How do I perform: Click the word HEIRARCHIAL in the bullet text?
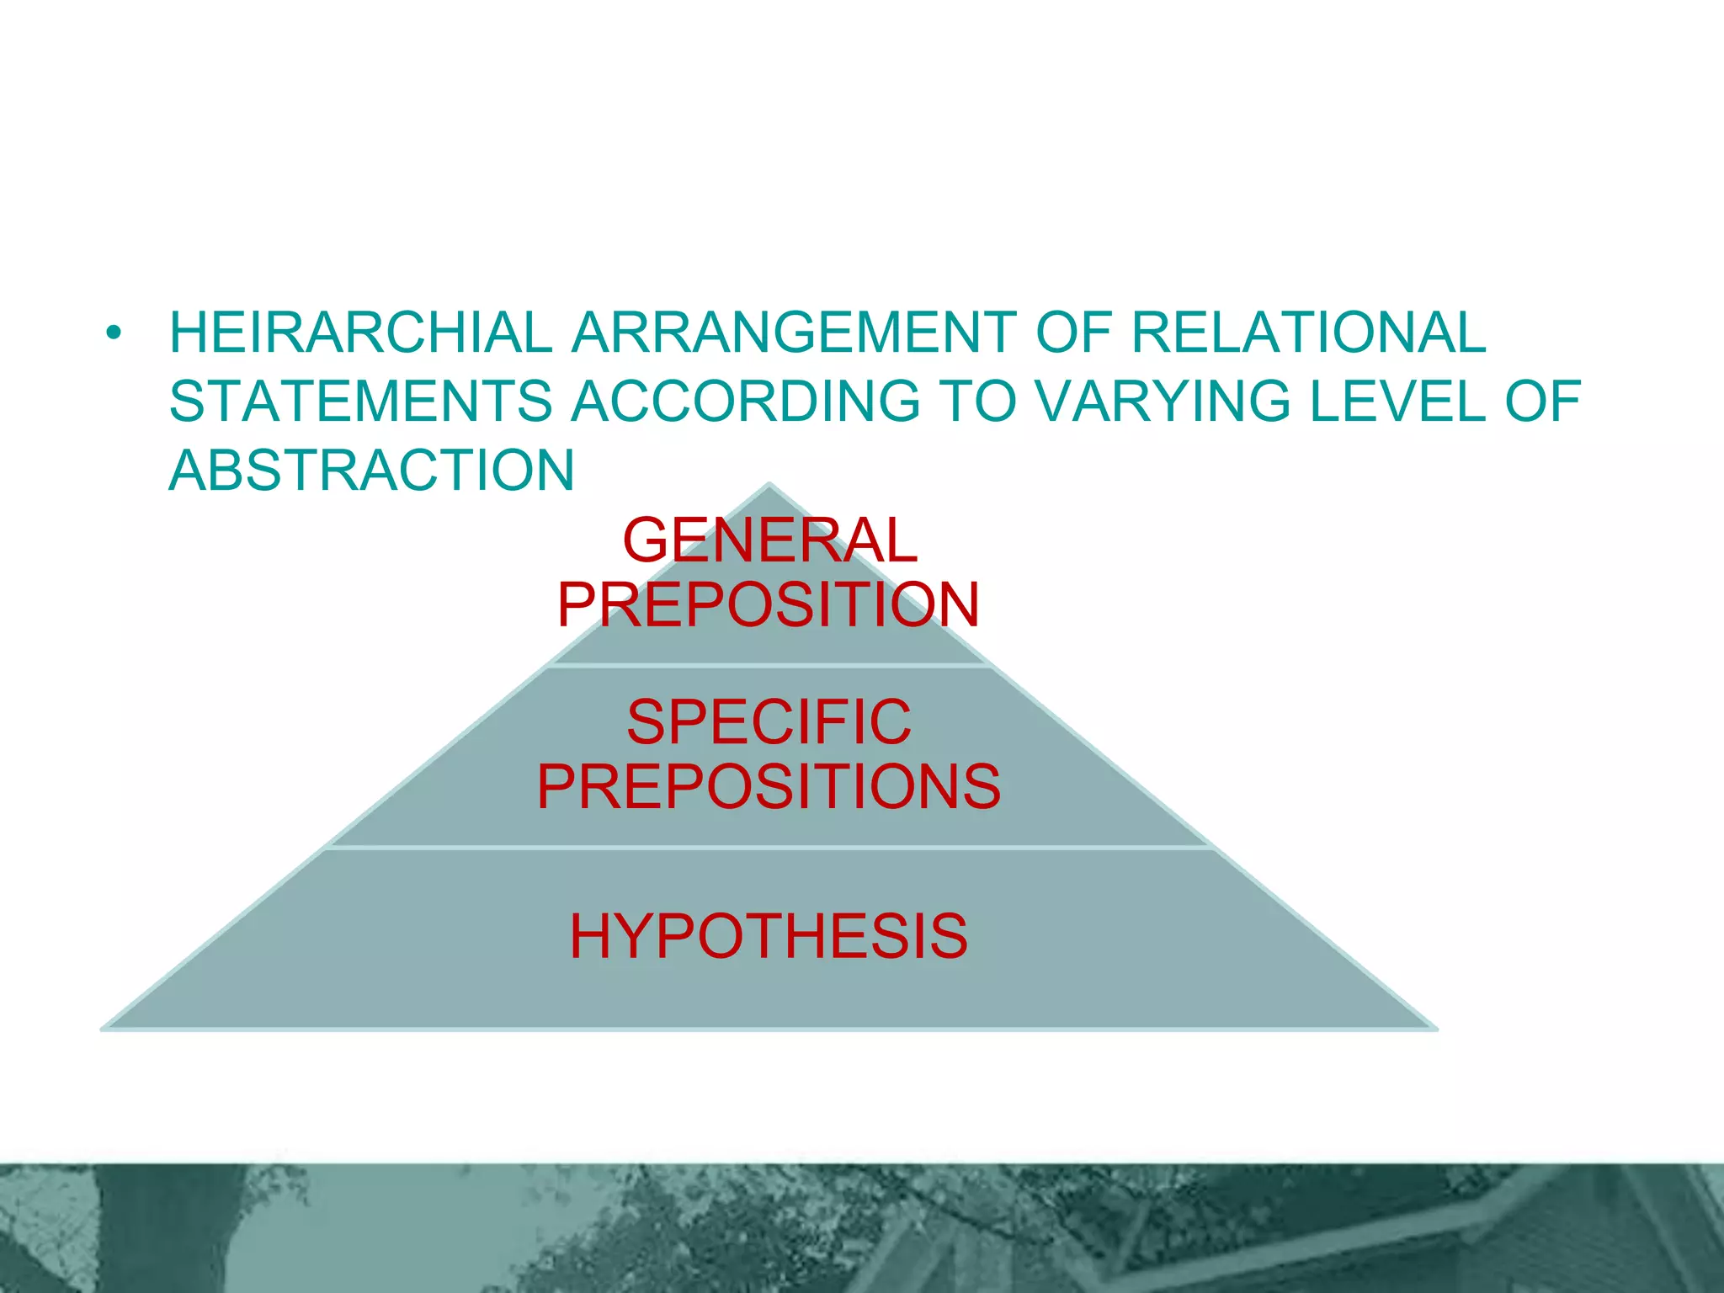[x=361, y=333]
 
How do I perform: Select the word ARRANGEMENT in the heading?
[x=794, y=333]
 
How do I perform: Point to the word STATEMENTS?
[x=361, y=401]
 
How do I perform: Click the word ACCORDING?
[x=746, y=401]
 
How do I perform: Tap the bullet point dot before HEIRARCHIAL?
[x=114, y=333]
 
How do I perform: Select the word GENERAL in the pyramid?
[x=769, y=540]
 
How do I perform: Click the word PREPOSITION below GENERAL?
[x=769, y=604]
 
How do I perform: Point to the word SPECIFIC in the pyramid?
[x=769, y=722]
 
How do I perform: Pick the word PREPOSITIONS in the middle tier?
[x=769, y=787]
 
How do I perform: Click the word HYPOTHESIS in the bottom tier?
[x=769, y=936]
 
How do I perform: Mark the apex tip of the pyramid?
[x=769, y=486]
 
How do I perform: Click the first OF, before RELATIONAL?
[x=1073, y=333]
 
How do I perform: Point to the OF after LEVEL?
[x=1542, y=401]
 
